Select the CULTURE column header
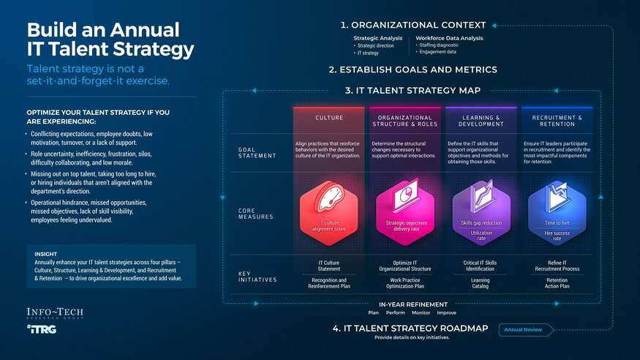[328, 118]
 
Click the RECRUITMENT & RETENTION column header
[557, 121]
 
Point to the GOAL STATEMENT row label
[257, 152]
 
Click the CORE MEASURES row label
[256, 214]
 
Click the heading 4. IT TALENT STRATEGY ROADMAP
[410, 329]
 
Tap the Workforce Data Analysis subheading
[449, 38]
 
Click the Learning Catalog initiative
[481, 283]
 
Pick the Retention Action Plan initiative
[557, 283]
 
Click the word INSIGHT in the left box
[47, 255]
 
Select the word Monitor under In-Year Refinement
[421, 312]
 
